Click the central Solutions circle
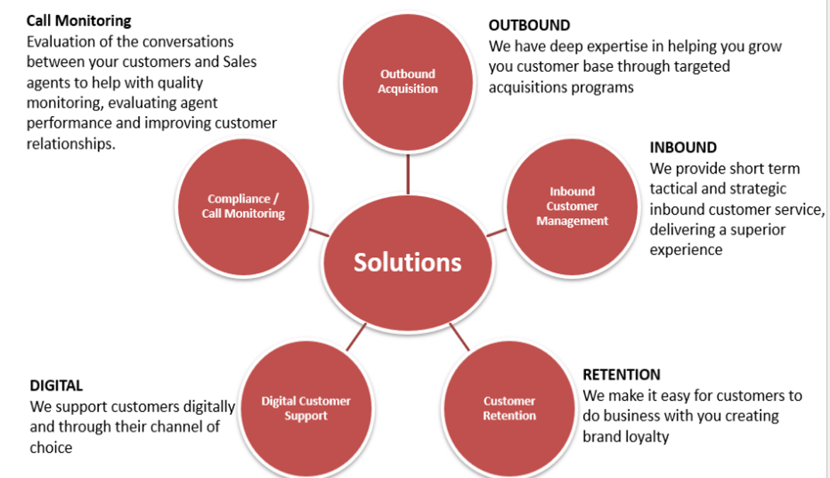tap(407, 263)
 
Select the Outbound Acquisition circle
tap(408, 81)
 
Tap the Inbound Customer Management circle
tap(572, 206)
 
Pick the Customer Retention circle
tap(509, 409)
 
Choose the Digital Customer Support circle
tap(306, 409)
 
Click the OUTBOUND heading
tap(529, 25)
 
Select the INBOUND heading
tap(683, 148)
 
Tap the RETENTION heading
tap(621, 375)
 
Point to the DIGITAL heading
tap(57, 386)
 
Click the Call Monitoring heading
tap(79, 21)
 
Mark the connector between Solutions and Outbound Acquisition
tap(408, 174)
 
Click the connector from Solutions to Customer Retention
tap(459, 337)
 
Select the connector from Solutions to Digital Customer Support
tap(357, 337)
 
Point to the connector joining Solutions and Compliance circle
tap(319, 232)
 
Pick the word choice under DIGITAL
tap(51, 448)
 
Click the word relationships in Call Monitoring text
tap(69, 144)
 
